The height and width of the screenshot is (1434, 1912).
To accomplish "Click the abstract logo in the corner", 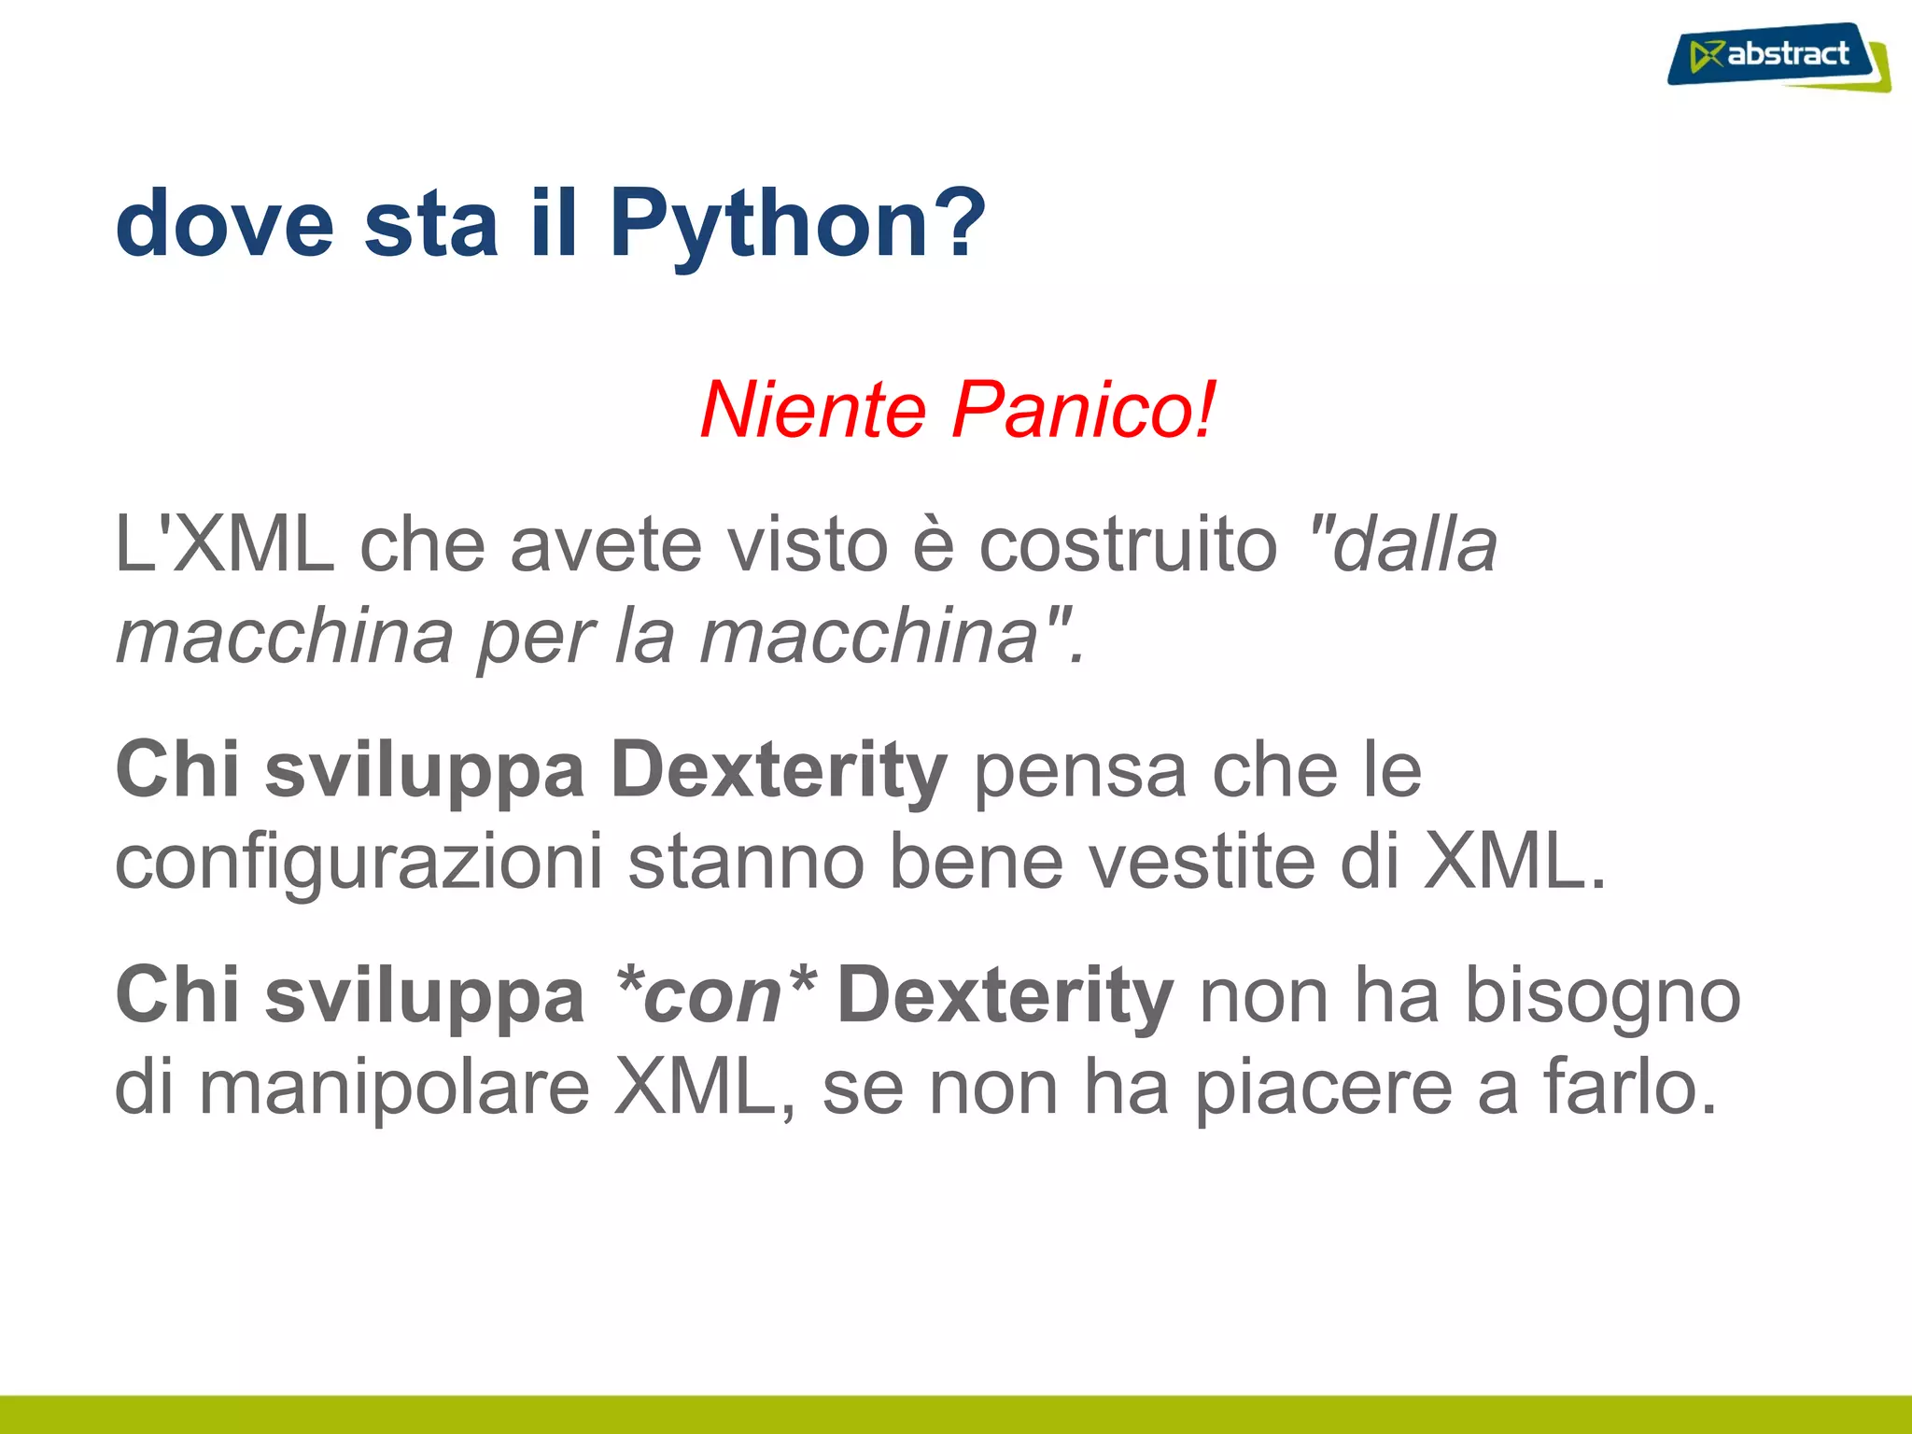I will point(1778,57).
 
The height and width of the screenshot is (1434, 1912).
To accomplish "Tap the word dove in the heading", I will point(224,224).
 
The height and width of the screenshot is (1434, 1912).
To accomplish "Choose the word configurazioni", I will point(358,863).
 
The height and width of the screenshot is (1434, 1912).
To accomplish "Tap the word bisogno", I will point(1602,997).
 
